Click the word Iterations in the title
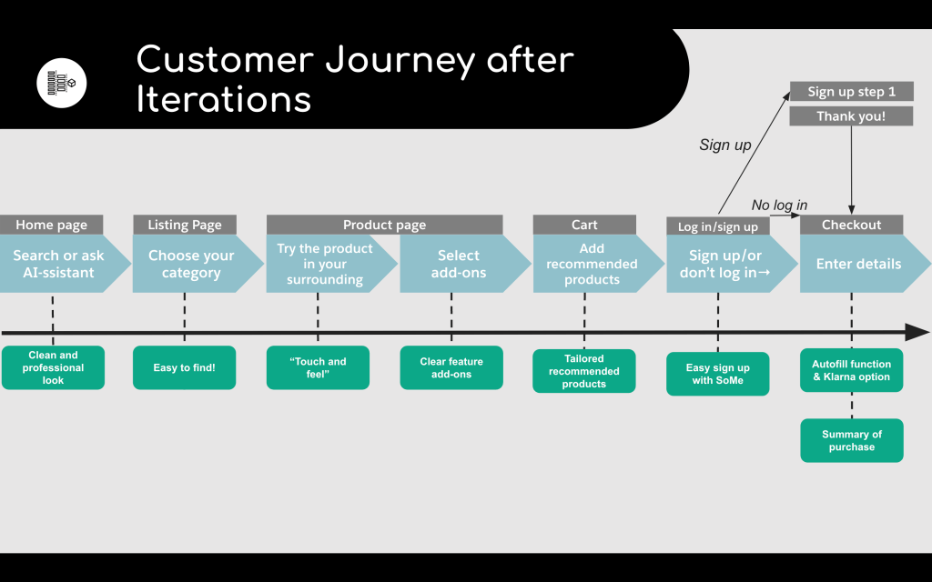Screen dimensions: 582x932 tap(223, 99)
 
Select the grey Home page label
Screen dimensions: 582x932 tap(52, 225)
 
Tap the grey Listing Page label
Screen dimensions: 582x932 tap(185, 225)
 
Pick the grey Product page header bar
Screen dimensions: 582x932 tap(384, 225)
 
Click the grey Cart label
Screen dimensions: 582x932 tap(584, 225)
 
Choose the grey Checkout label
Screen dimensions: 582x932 tap(851, 225)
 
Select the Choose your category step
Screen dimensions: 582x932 tap(191, 265)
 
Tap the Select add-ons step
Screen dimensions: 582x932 tap(458, 265)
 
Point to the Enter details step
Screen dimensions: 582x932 tap(858, 265)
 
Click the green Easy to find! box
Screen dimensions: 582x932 tap(184, 367)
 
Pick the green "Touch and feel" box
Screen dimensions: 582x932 tap(318, 367)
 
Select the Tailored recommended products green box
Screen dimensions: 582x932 tap(584, 371)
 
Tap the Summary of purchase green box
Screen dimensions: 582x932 tap(852, 440)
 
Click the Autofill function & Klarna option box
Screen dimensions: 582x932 tap(852, 370)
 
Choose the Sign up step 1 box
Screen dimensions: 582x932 tap(851, 92)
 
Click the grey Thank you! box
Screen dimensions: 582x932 tap(851, 116)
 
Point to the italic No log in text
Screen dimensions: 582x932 tap(779, 206)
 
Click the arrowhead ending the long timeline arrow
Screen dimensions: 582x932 tap(917, 332)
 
